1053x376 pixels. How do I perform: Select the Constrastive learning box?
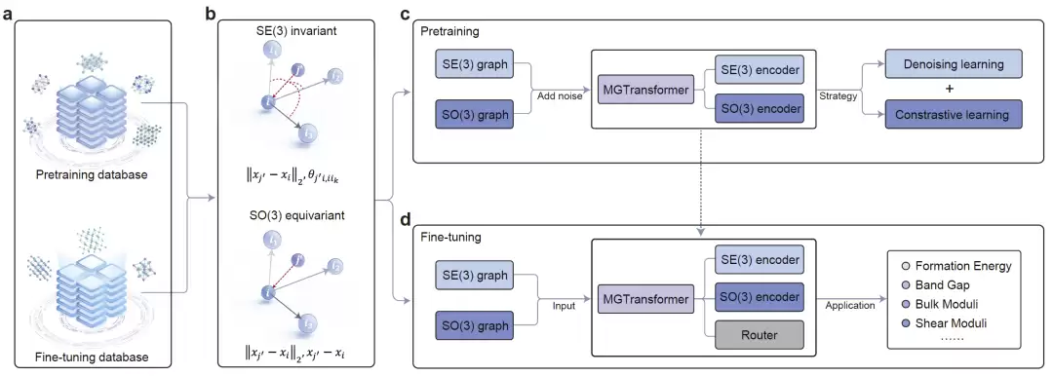tap(953, 115)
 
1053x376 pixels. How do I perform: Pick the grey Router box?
tap(759, 335)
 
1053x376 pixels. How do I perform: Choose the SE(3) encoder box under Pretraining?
tap(759, 70)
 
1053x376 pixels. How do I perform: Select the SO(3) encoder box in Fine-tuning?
tap(759, 297)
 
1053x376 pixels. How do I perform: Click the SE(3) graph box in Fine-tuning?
tap(474, 275)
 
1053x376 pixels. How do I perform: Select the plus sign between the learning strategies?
tap(953, 90)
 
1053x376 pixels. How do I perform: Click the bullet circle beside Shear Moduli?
tap(903, 323)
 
